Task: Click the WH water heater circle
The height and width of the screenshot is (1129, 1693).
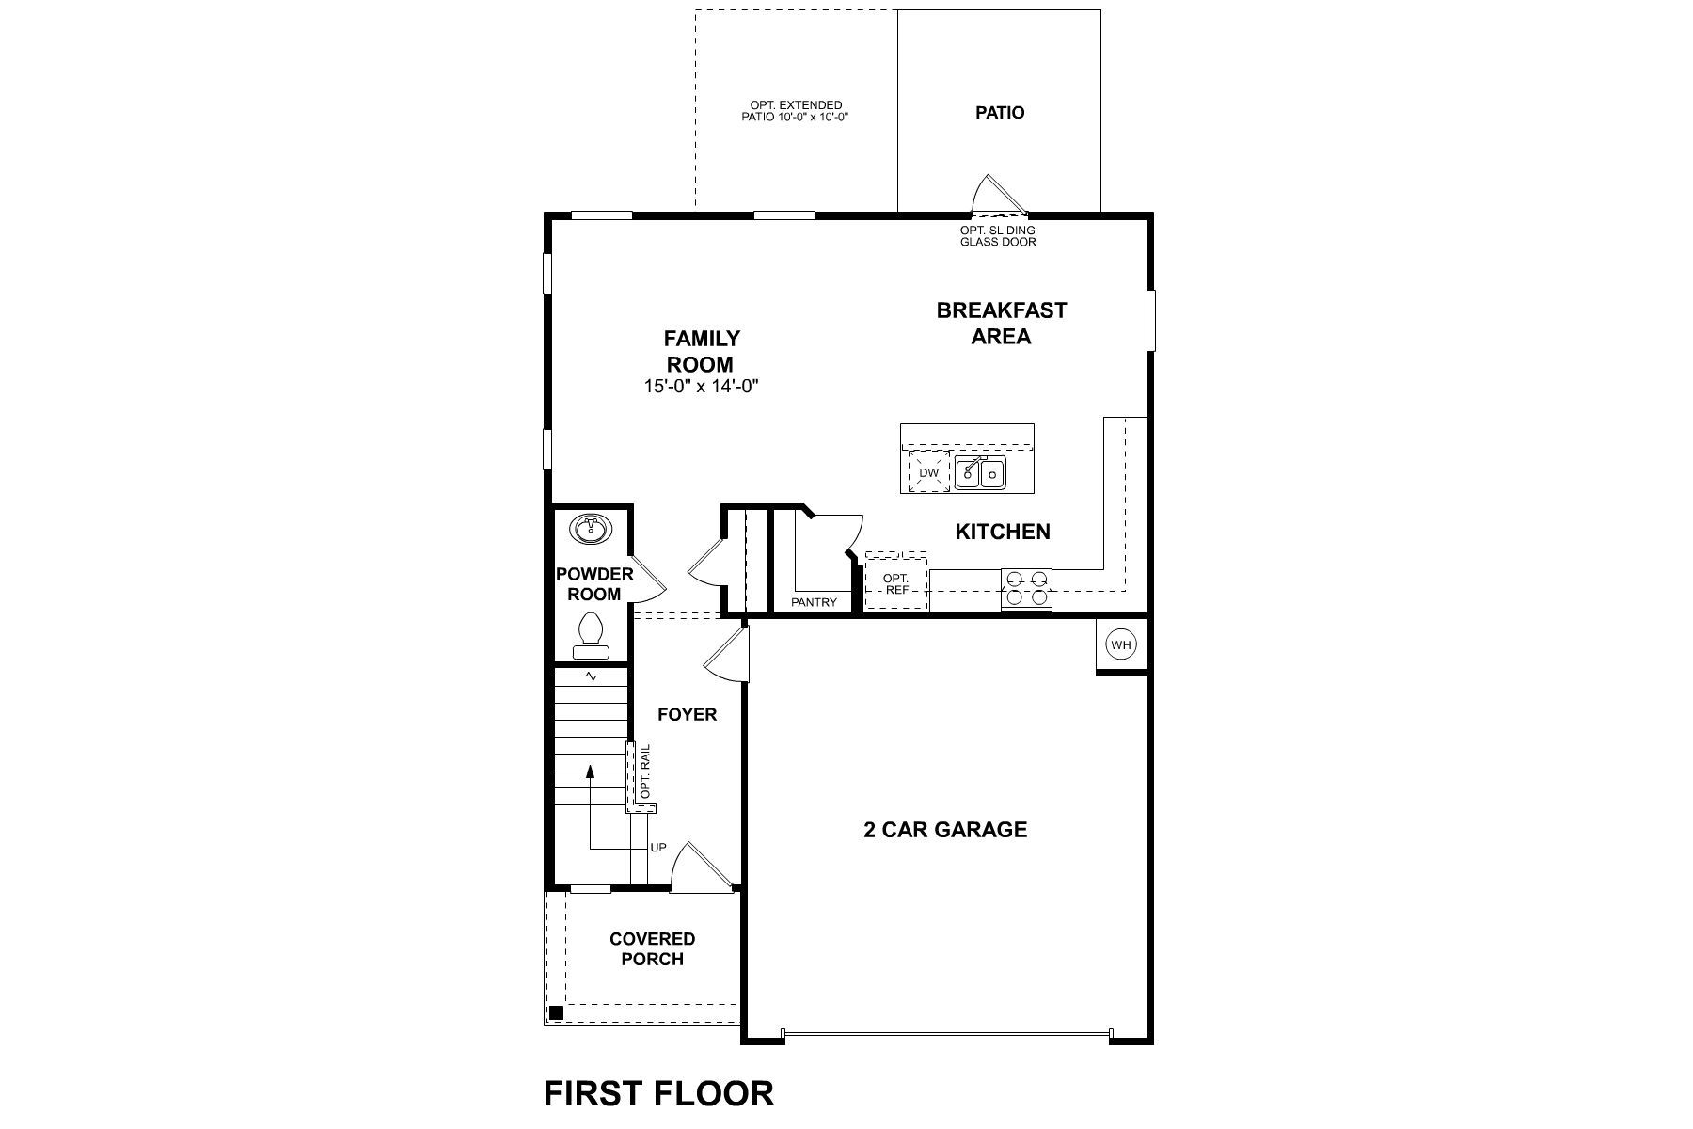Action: (x=1120, y=644)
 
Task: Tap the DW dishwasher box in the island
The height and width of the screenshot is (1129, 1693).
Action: (x=929, y=472)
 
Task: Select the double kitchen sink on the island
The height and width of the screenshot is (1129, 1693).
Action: (x=980, y=473)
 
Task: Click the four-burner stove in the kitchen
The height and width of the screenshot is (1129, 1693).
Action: (x=1026, y=588)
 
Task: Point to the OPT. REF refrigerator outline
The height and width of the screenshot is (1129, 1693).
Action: (x=896, y=584)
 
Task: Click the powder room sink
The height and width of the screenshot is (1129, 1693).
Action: (x=591, y=530)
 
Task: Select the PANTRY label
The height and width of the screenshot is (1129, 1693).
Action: (x=814, y=602)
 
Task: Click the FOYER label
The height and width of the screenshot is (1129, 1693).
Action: (x=687, y=715)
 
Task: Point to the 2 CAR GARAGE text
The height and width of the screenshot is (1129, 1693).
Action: (x=945, y=830)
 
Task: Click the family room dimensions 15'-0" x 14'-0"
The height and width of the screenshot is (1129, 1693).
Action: (x=702, y=386)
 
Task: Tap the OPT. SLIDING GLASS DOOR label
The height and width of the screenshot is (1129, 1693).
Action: (x=998, y=236)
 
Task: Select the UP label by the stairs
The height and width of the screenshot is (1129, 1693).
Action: (x=658, y=848)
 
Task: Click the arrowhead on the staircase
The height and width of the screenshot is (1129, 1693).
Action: (x=591, y=771)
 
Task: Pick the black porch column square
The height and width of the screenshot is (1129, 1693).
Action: (x=556, y=1013)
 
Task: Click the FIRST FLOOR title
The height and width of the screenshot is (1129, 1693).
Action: (x=658, y=1094)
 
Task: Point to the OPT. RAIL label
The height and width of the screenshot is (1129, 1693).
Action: (x=645, y=772)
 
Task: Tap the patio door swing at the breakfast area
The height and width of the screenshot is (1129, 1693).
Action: (x=999, y=195)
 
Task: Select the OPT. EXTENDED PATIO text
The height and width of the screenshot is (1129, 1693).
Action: (x=796, y=111)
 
